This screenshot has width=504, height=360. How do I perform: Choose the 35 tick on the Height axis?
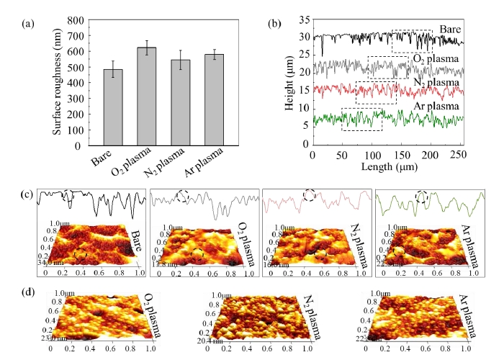(x=303, y=19)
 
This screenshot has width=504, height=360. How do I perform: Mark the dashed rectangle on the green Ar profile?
(x=361, y=120)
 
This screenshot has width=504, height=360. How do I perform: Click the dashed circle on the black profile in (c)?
(x=68, y=195)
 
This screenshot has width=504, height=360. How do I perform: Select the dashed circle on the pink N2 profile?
(x=310, y=195)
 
